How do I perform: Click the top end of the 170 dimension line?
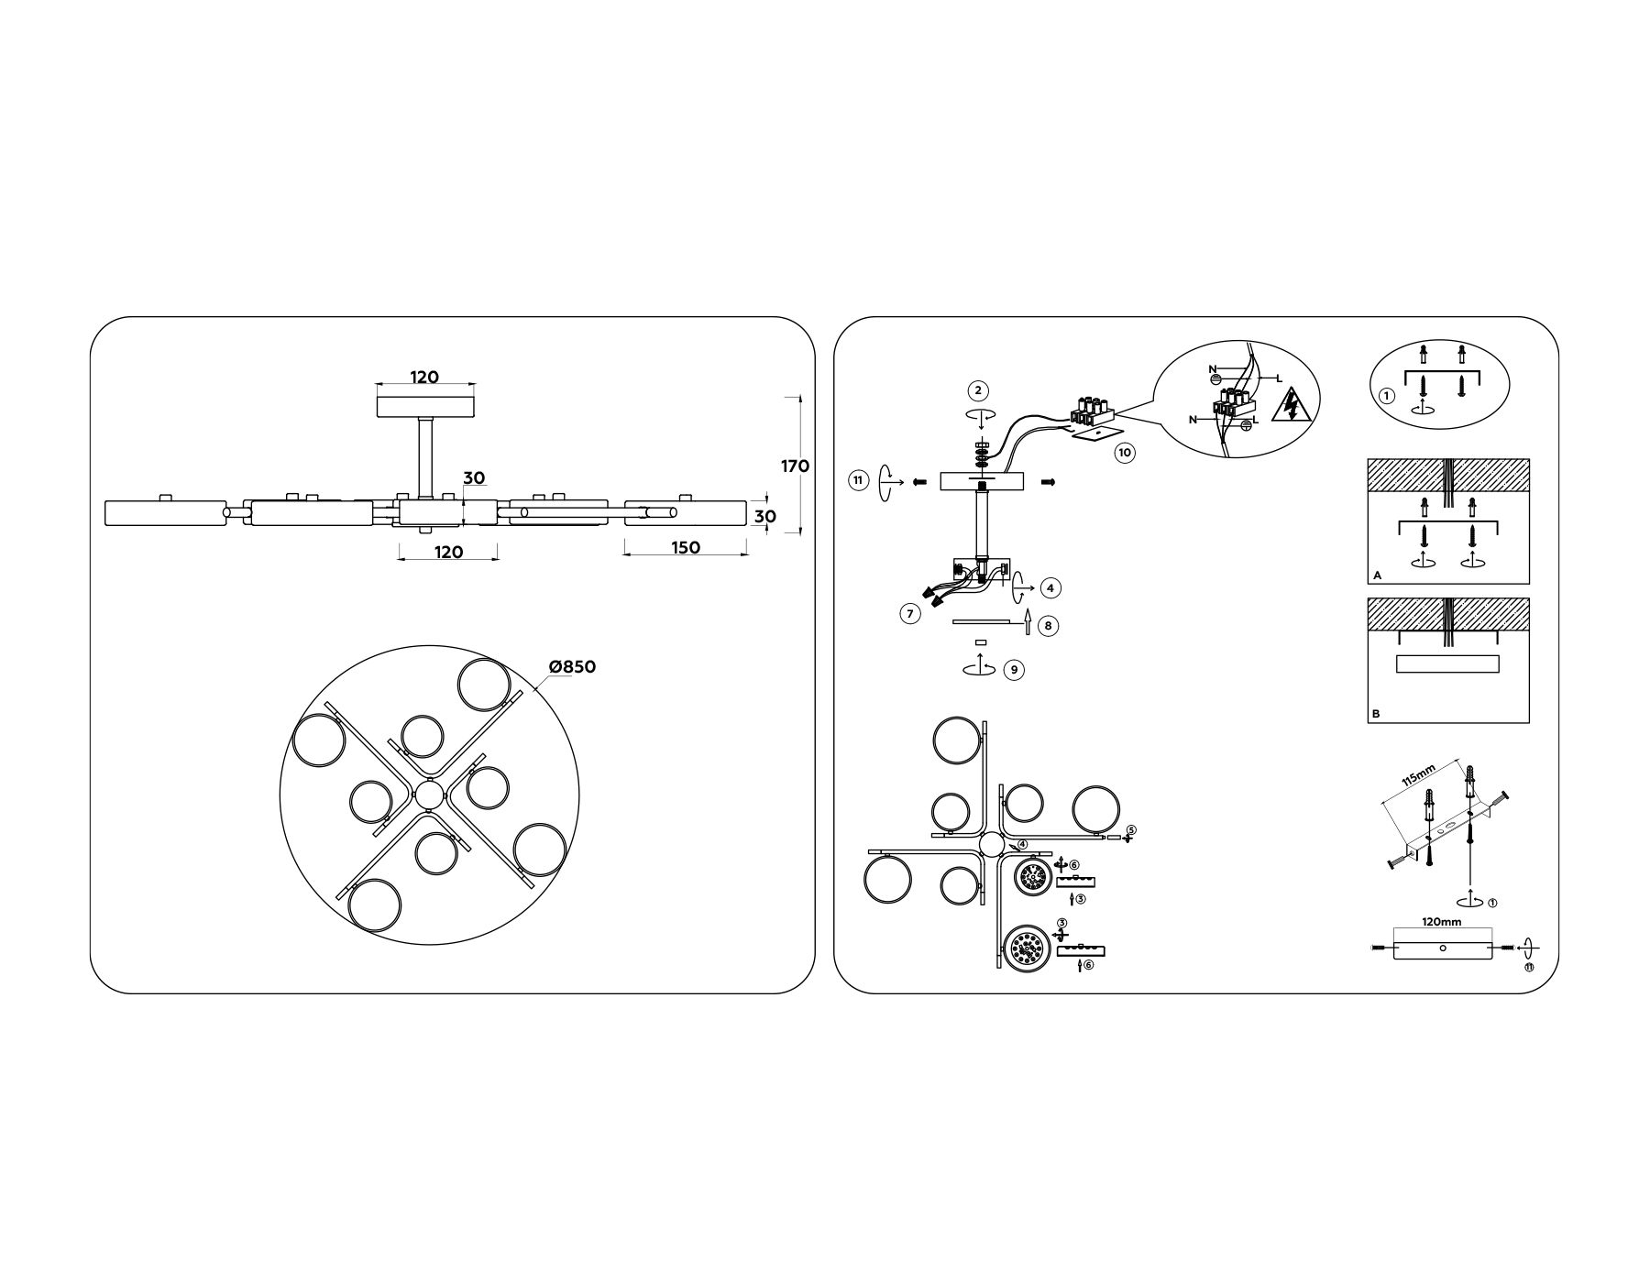click(x=800, y=397)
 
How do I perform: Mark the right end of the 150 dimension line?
click(x=747, y=553)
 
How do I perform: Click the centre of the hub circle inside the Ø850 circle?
click(x=429, y=795)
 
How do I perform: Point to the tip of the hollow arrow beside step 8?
click(x=1028, y=609)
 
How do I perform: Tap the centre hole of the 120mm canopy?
click(x=1442, y=948)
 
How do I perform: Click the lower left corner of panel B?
click(x=1368, y=723)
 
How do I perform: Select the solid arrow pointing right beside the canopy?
click(x=1049, y=482)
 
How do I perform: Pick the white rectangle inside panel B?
click(x=1447, y=664)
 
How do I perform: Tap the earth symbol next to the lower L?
click(x=1246, y=425)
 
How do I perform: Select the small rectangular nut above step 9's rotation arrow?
click(x=981, y=643)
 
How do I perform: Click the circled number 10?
click(x=1125, y=453)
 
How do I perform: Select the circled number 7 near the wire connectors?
click(x=910, y=614)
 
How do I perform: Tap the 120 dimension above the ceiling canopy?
click(x=424, y=378)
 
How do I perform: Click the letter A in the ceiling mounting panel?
click(x=1377, y=576)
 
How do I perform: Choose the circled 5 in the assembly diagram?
click(x=1131, y=830)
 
